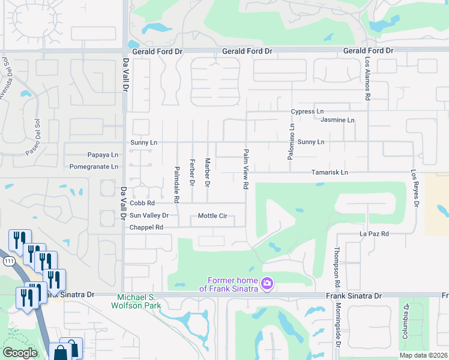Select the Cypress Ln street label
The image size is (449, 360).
307,112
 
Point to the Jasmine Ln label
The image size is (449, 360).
337,120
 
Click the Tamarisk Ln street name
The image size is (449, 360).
330,172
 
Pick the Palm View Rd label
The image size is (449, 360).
246,170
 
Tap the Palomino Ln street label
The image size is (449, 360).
292,142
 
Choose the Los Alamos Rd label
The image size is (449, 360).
367,79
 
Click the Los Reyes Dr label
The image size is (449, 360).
414,187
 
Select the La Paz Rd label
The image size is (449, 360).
374,233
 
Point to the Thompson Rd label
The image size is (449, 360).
337,266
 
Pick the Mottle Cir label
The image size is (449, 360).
212,216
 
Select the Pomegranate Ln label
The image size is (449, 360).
94,166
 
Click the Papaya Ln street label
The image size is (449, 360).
103,154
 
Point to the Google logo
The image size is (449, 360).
20,353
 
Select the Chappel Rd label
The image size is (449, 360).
146,227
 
